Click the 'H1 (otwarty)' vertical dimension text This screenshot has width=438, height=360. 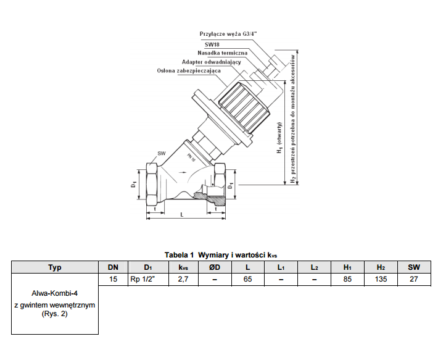click(279, 140)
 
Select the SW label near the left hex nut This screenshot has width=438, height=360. click(162, 153)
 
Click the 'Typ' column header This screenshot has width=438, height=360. click(55, 267)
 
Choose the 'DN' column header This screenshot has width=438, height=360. click(113, 267)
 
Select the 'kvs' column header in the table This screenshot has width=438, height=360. click(183, 267)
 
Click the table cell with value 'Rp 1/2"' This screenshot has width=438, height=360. click(147, 280)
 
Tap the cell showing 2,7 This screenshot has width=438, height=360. click(183, 280)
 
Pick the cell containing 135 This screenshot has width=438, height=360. click(381, 280)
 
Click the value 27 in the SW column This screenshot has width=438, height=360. click(414, 280)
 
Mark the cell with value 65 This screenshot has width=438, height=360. click(247, 280)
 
